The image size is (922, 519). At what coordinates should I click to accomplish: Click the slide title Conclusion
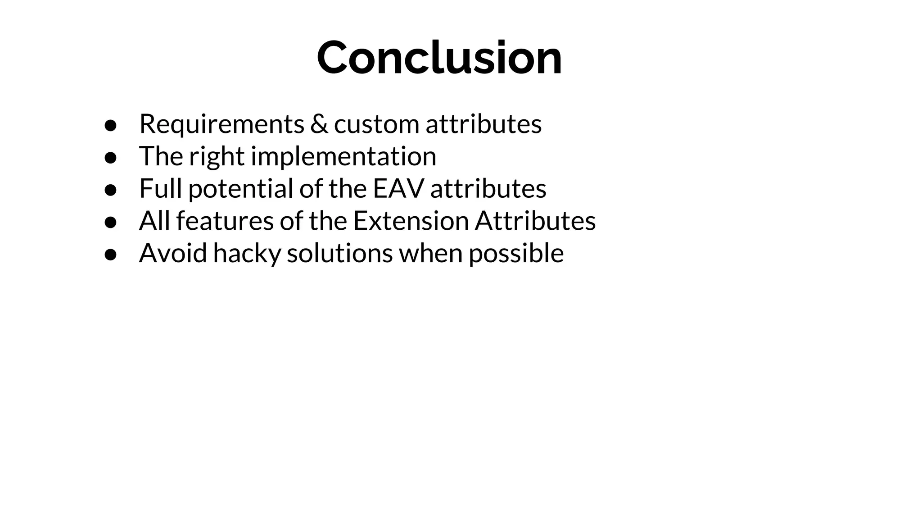coord(439,58)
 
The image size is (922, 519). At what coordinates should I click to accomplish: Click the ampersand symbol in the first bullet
coord(319,124)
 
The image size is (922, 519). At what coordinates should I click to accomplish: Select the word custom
coord(376,125)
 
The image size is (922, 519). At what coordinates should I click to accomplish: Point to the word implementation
coord(343,157)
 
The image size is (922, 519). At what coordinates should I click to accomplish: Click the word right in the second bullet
coord(216,157)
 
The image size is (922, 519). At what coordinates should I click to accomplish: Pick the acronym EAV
coord(398,188)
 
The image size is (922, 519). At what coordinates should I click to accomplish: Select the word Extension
coord(411,221)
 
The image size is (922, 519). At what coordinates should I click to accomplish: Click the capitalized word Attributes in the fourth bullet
coord(535,221)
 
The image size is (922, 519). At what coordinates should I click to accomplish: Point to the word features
coord(225,221)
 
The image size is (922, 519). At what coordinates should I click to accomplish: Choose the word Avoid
coord(173,253)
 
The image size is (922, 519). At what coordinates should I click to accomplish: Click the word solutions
coord(339,253)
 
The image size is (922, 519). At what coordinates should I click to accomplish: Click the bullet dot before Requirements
coord(111,126)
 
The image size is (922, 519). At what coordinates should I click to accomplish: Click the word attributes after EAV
coord(488,188)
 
